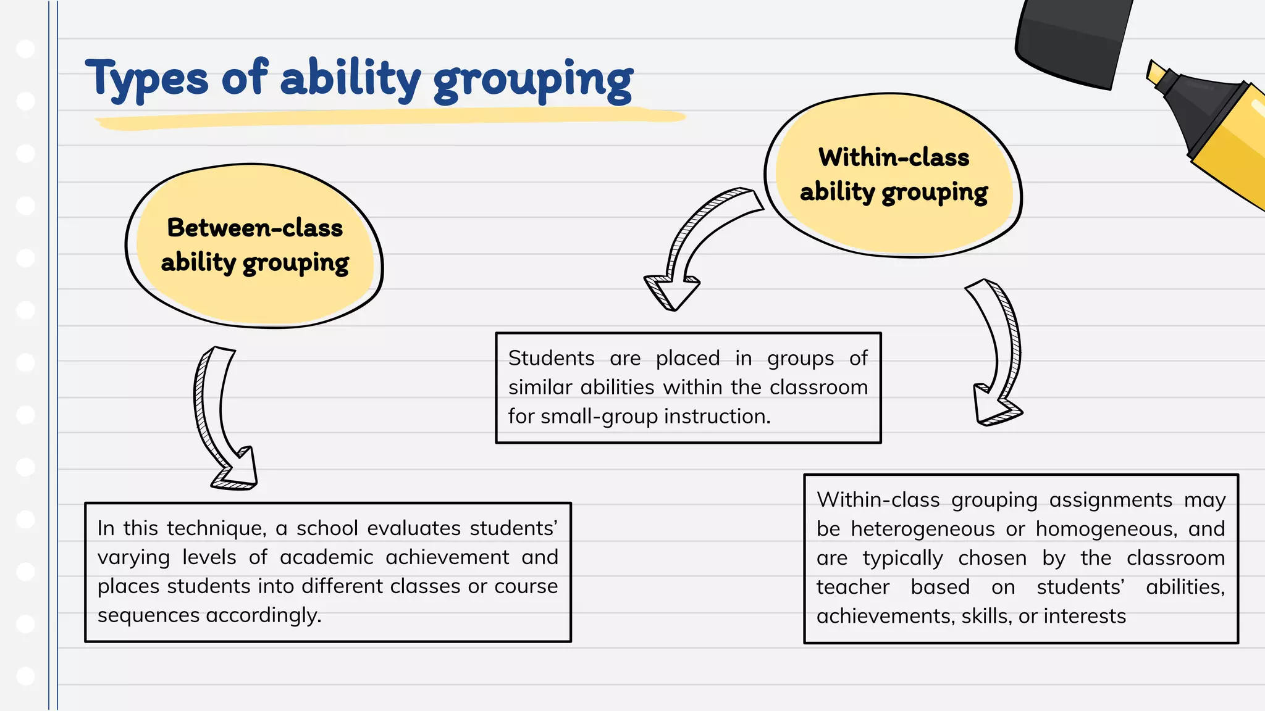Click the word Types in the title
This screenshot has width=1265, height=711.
click(x=146, y=79)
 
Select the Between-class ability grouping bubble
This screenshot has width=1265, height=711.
click(x=254, y=246)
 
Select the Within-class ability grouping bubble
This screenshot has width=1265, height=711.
click(x=893, y=175)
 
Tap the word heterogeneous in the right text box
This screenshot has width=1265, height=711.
click(x=923, y=529)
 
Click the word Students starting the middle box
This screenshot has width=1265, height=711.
click(x=551, y=358)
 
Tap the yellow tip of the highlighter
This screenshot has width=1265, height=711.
click(x=1156, y=72)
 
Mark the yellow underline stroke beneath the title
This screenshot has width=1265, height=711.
click(x=389, y=118)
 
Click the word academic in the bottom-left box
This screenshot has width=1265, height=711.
click(x=326, y=557)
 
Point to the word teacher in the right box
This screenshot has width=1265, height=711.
click(x=852, y=587)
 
